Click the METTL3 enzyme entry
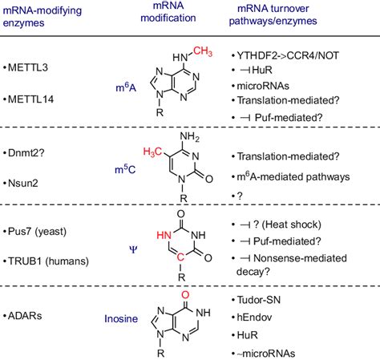click(x=28, y=67)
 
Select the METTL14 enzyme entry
click(x=30, y=99)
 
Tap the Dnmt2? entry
click(x=26, y=153)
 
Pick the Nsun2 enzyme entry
click(x=23, y=183)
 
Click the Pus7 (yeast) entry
click(x=37, y=231)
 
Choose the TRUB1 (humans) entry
click(x=48, y=261)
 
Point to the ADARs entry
click(x=25, y=316)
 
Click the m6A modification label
click(x=126, y=87)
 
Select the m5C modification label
click(x=125, y=169)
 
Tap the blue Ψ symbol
click(x=133, y=250)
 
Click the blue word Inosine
click(x=121, y=318)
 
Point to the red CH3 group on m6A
click(x=203, y=51)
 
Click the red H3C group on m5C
click(x=152, y=152)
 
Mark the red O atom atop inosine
click(x=185, y=294)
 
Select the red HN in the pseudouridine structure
click(x=164, y=235)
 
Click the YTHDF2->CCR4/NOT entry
click(x=288, y=55)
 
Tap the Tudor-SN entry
click(x=259, y=300)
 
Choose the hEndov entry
click(x=254, y=318)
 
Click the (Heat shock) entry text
click(x=291, y=224)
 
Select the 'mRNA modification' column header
click(x=168, y=12)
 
